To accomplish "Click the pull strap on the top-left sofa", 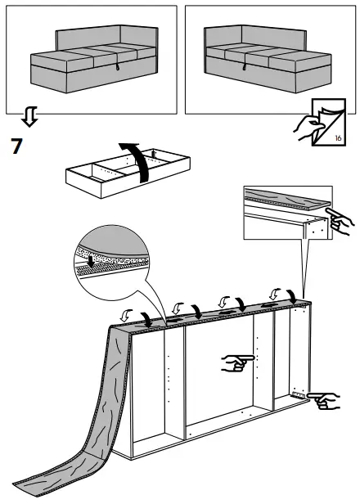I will click(x=115, y=70).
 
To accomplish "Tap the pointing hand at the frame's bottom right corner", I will click(x=325, y=400).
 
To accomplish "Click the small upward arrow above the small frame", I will click(x=154, y=153).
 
